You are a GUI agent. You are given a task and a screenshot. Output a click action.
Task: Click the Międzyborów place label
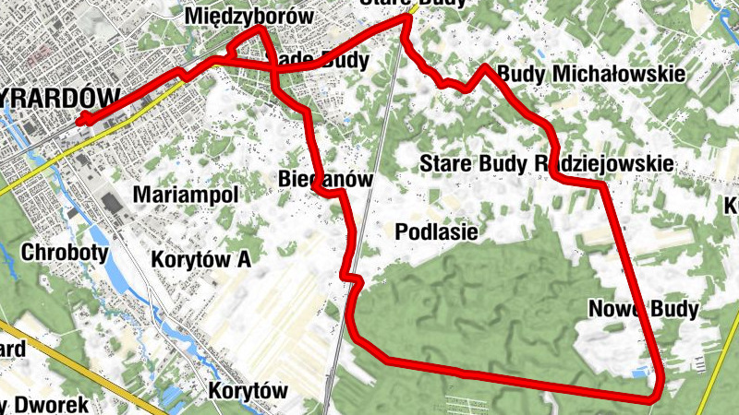click(x=248, y=16)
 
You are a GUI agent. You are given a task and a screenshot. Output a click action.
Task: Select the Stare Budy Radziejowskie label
click(x=546, y=163)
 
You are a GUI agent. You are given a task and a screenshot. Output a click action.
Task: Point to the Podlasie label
click(x=436, y=231)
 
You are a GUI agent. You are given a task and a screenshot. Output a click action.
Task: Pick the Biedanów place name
click(x=324, y=179)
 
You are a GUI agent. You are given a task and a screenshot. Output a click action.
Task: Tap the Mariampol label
click(x=186, y=195)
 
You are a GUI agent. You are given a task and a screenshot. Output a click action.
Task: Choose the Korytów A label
click(x=201, y=259)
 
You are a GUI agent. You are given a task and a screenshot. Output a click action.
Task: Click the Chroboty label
click(x=65, y=252)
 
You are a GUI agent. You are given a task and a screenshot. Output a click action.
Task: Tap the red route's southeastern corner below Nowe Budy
click(x=657, y=396)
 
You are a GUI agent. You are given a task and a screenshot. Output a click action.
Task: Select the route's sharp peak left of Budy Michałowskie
click(x=484, y=66)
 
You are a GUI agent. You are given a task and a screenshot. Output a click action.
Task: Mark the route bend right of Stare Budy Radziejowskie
click(x=602, y=185)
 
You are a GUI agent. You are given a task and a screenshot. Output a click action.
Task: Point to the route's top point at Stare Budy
click(x=406, y=18)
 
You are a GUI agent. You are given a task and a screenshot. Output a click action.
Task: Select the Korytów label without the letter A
click(x=248, y=390)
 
